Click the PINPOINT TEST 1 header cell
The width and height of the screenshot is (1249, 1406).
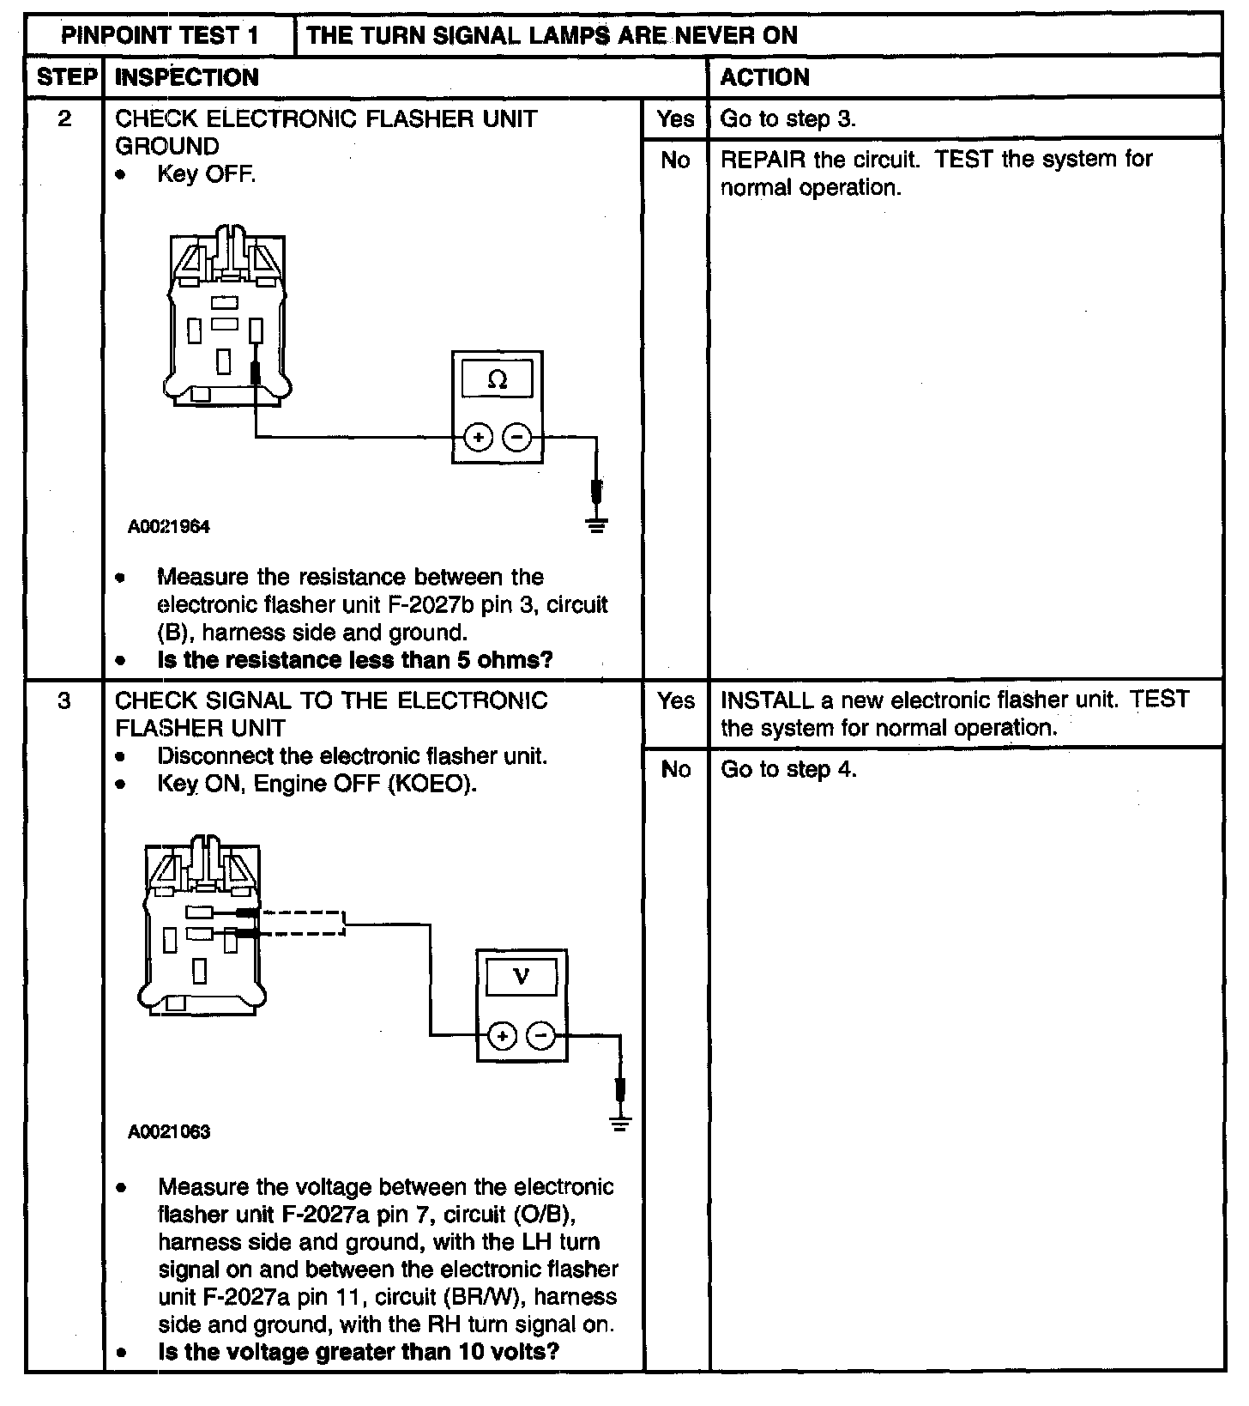click(160, 35)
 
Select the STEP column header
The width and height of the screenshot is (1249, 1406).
click(65, 77)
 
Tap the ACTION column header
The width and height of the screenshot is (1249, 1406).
click(764, 77)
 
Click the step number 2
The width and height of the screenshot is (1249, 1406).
click(65, 118)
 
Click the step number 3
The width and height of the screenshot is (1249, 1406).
click(65, 700)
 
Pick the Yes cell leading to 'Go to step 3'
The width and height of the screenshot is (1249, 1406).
click(675, 118)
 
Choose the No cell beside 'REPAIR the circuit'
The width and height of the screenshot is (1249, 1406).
click(675, 160)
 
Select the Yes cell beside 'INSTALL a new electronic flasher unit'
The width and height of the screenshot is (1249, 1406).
click(675, 700)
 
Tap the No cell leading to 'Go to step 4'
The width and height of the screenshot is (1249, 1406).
click(675, 769)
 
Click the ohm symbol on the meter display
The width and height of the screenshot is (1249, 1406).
click(497, 379)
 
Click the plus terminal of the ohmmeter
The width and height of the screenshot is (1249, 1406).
click(478, 438)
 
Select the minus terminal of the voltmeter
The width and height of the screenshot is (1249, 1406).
click(540, 1036)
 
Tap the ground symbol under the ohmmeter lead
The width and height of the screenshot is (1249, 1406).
click(597, 524)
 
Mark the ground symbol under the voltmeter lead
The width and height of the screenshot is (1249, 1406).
click(620, 1122)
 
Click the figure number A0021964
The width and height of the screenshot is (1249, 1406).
click(169, 527)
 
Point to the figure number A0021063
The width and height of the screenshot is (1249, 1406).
click(169, 1131)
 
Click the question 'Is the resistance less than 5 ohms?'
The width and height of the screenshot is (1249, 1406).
click(355, 660)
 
